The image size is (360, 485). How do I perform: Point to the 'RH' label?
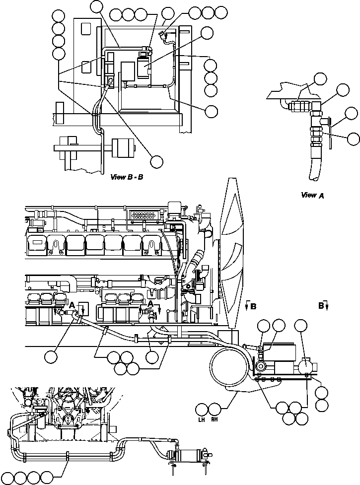coord(215,420)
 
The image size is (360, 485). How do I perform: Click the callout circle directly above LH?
coord(202,410)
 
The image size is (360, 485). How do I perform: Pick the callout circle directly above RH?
coord(215,410)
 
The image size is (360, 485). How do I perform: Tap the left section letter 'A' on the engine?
coord(72,304)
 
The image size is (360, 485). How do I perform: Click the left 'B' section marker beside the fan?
coord(253,307)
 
